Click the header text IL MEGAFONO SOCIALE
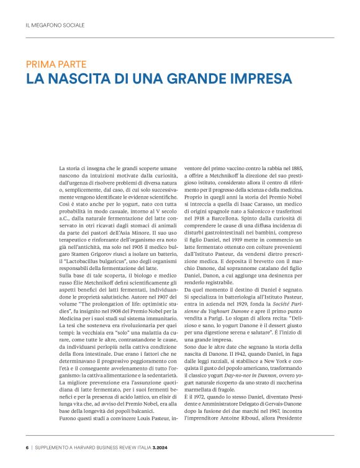pos(55,25)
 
